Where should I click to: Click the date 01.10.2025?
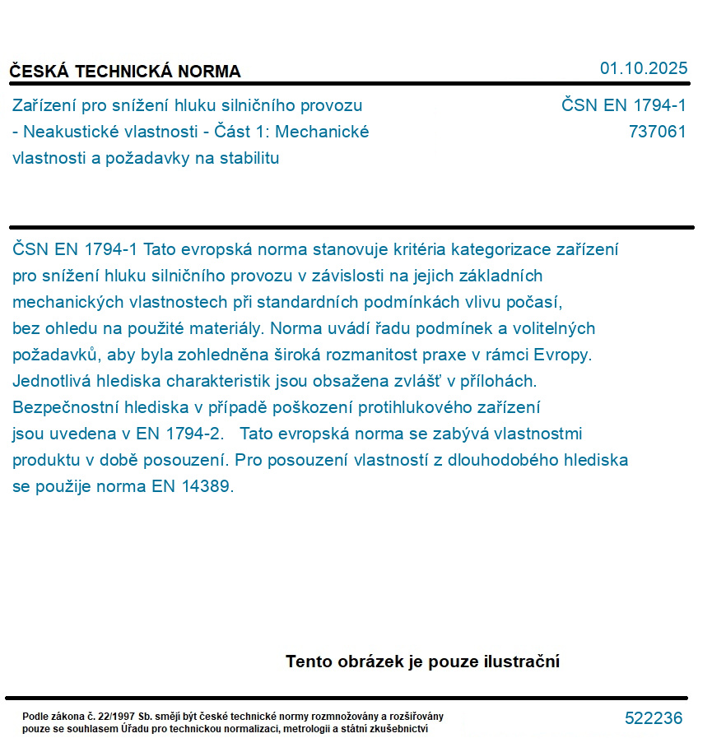(x=643, y=68)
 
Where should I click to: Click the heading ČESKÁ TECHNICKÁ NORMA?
(x=125, y=72)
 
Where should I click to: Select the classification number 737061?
(x=657, y=132)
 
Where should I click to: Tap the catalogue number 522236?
(x=654, y=718)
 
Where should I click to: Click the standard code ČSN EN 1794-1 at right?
(x=623, y=105)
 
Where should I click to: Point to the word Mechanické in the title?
(x=326, y=132)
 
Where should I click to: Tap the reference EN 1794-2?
(x=186, y=434)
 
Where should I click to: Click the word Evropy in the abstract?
(x=563, y=355)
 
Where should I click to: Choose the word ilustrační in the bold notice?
(x=521, y=661)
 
